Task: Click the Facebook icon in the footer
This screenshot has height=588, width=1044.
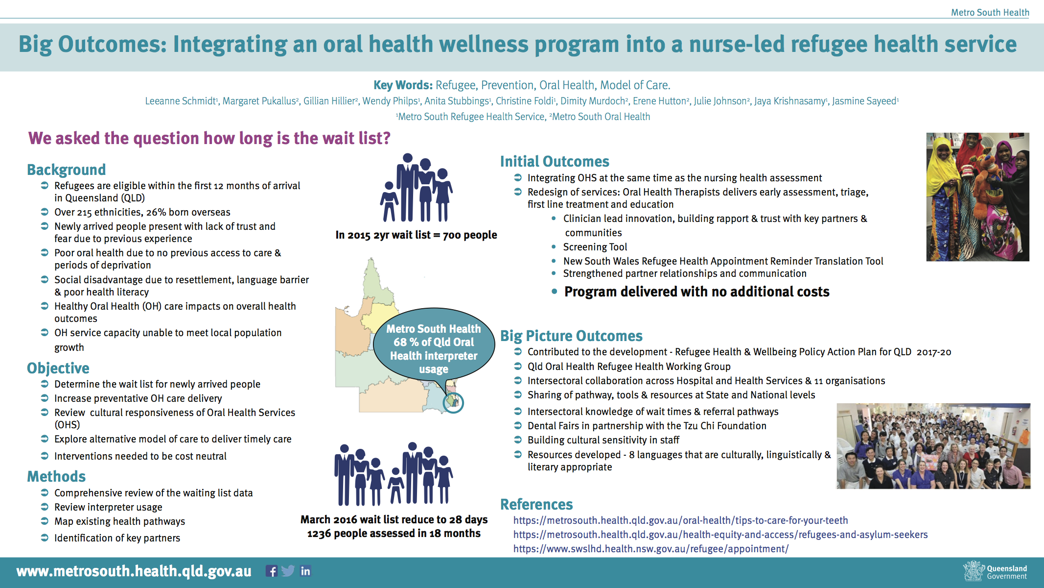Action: (x=272, y=571)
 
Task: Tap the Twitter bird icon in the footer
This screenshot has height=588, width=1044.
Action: (x=288, y=571)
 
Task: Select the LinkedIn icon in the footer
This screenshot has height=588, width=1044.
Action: (x=305, y=571)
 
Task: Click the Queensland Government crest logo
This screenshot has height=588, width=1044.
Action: (x=974, y=571)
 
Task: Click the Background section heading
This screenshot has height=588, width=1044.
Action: (x=67, y=170)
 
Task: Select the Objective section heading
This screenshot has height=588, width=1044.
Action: (x=58, y=368)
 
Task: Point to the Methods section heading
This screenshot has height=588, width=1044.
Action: (x=56, y=476)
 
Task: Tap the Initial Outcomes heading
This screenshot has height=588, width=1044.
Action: (x=555, y=161)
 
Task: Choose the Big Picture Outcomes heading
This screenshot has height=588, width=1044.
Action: (x=571, y=336)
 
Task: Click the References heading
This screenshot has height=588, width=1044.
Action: (x=536, y=504)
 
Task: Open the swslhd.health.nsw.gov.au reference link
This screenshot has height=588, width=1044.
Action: (x=651, y=549)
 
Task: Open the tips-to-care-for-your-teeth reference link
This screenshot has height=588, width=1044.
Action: (x=681, y=520)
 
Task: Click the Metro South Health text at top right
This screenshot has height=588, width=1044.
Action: (x=990, y=12)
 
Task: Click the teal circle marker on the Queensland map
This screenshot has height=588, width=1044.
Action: (x=453, y=403)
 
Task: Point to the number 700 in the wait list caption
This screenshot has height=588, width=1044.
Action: (x=452, y=235)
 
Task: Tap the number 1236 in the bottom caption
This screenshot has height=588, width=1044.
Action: (x=319, y=534)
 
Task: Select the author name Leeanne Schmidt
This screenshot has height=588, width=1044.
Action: (x=181, y=101)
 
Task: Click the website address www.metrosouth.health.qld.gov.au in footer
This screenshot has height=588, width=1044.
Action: (x=134, y=571)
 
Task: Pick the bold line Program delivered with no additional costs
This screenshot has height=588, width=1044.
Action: (x=697, y=292)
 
